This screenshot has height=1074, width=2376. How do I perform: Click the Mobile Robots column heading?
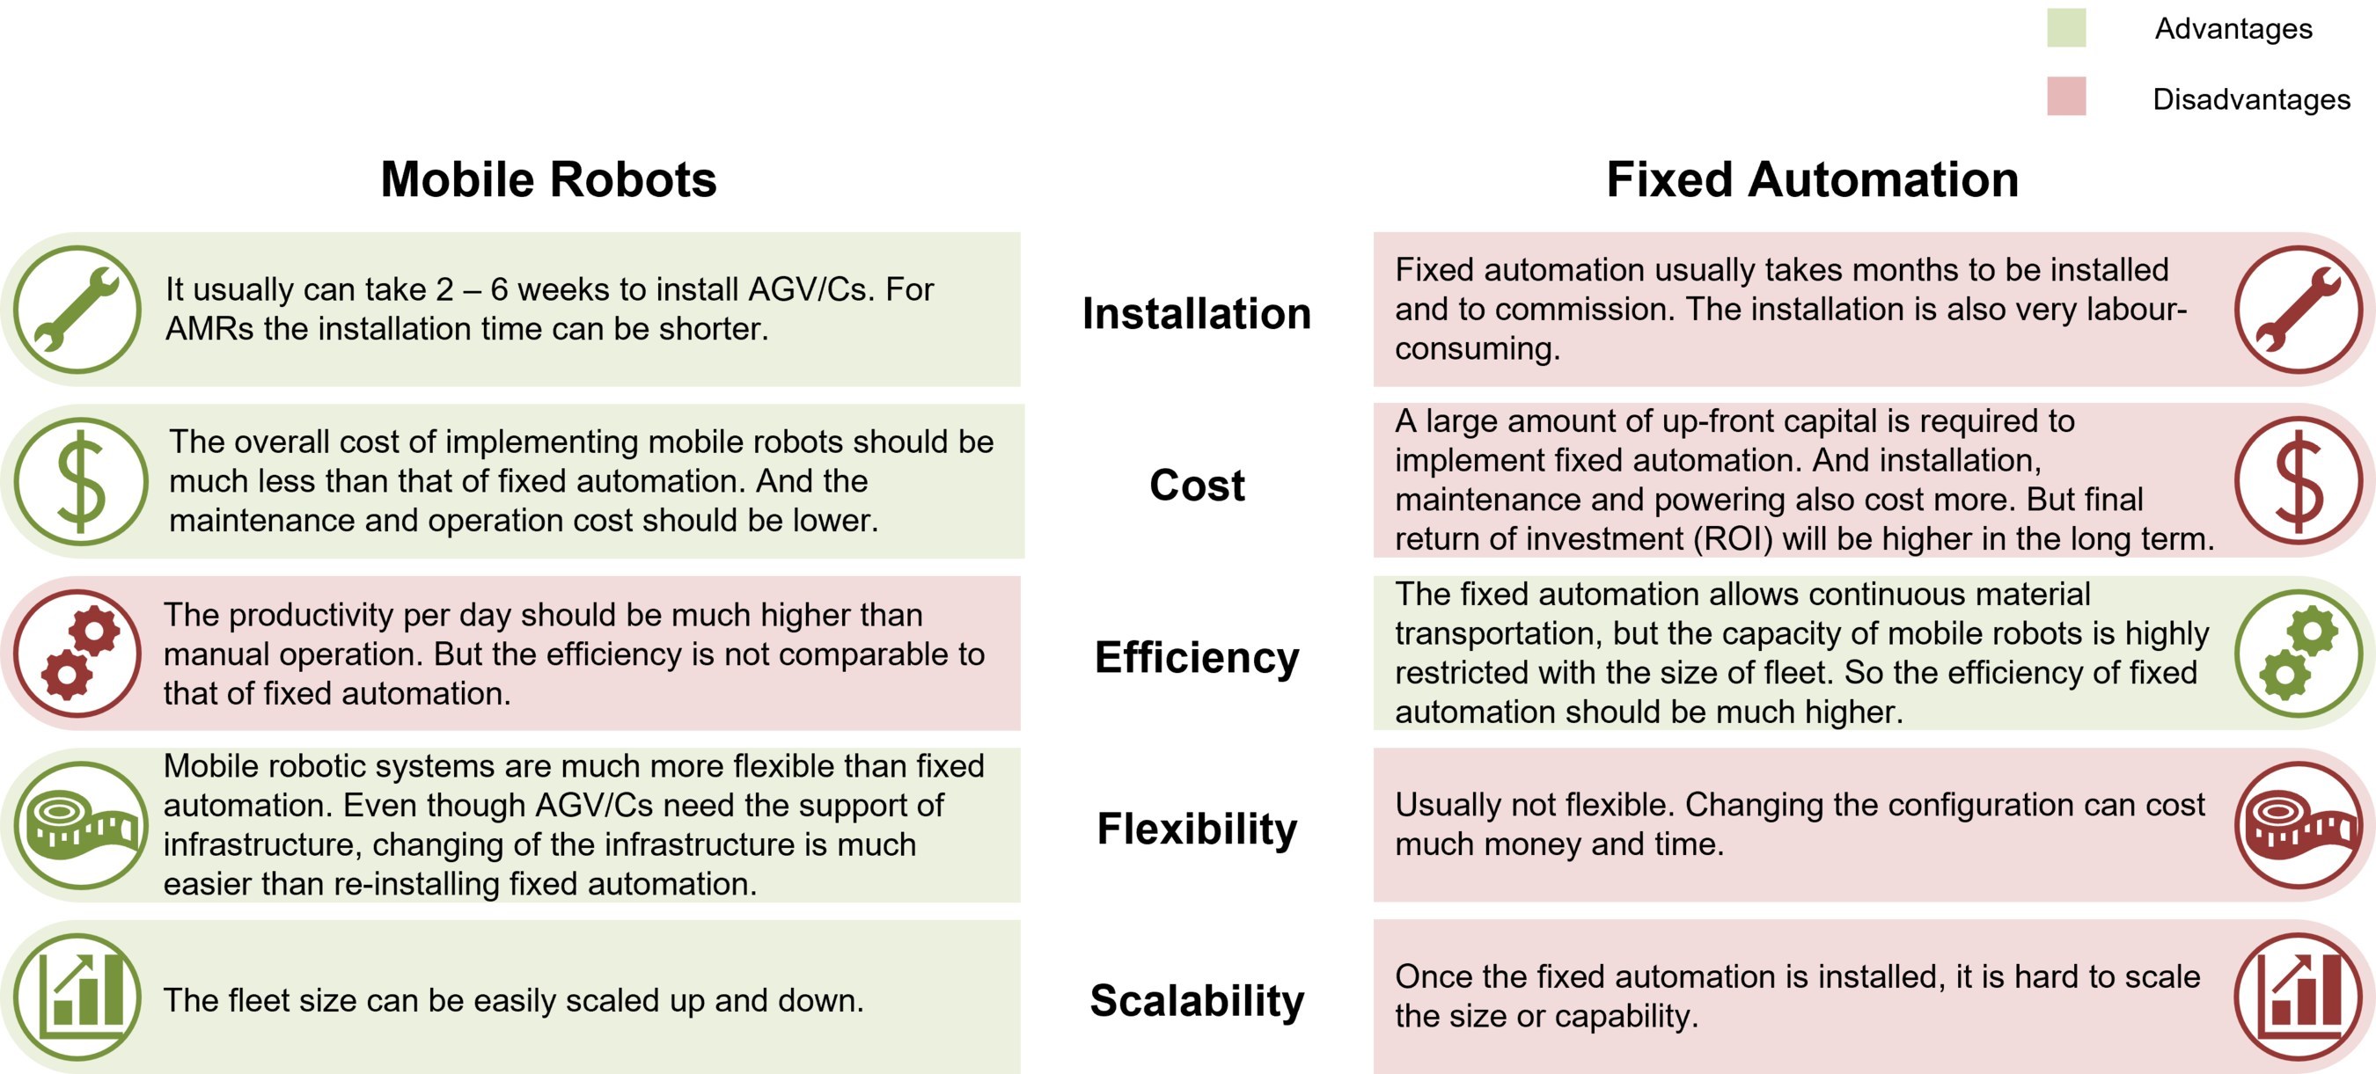tap(549, 179)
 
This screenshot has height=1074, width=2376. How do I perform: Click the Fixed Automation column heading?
tap(1813, 179)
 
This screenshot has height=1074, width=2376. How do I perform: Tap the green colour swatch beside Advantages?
tap(2066, 27)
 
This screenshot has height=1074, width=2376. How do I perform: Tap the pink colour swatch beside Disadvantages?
tap(2066, 96)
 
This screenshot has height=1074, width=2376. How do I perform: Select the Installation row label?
tap(1196, 313)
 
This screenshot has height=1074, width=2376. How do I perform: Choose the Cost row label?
tap(1196, 485)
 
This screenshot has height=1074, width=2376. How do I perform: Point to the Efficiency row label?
tap(1196, 658)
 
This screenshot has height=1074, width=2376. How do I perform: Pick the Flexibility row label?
tap(1196, 829)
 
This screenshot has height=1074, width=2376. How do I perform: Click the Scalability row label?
tap(1196, 1001)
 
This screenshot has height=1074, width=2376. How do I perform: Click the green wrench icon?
tap(77, 309)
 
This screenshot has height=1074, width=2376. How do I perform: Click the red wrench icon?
tap(2299, 309)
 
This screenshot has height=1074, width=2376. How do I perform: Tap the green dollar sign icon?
tap(80, 481)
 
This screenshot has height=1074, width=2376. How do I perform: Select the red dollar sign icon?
tap(2299, 481)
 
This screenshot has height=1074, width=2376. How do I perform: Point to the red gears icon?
tap(77, 654)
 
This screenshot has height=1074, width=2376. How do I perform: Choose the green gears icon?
tap(2299, 654)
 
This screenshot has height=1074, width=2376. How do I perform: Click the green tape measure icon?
tap(80, 825)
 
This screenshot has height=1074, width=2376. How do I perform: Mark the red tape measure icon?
tap(2299, 825)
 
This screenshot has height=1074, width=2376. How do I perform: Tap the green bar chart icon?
tap(77, 997)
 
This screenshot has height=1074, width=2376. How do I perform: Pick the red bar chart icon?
tap(2299, 997)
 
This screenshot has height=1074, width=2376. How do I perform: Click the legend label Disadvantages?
tap(2252, 99)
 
